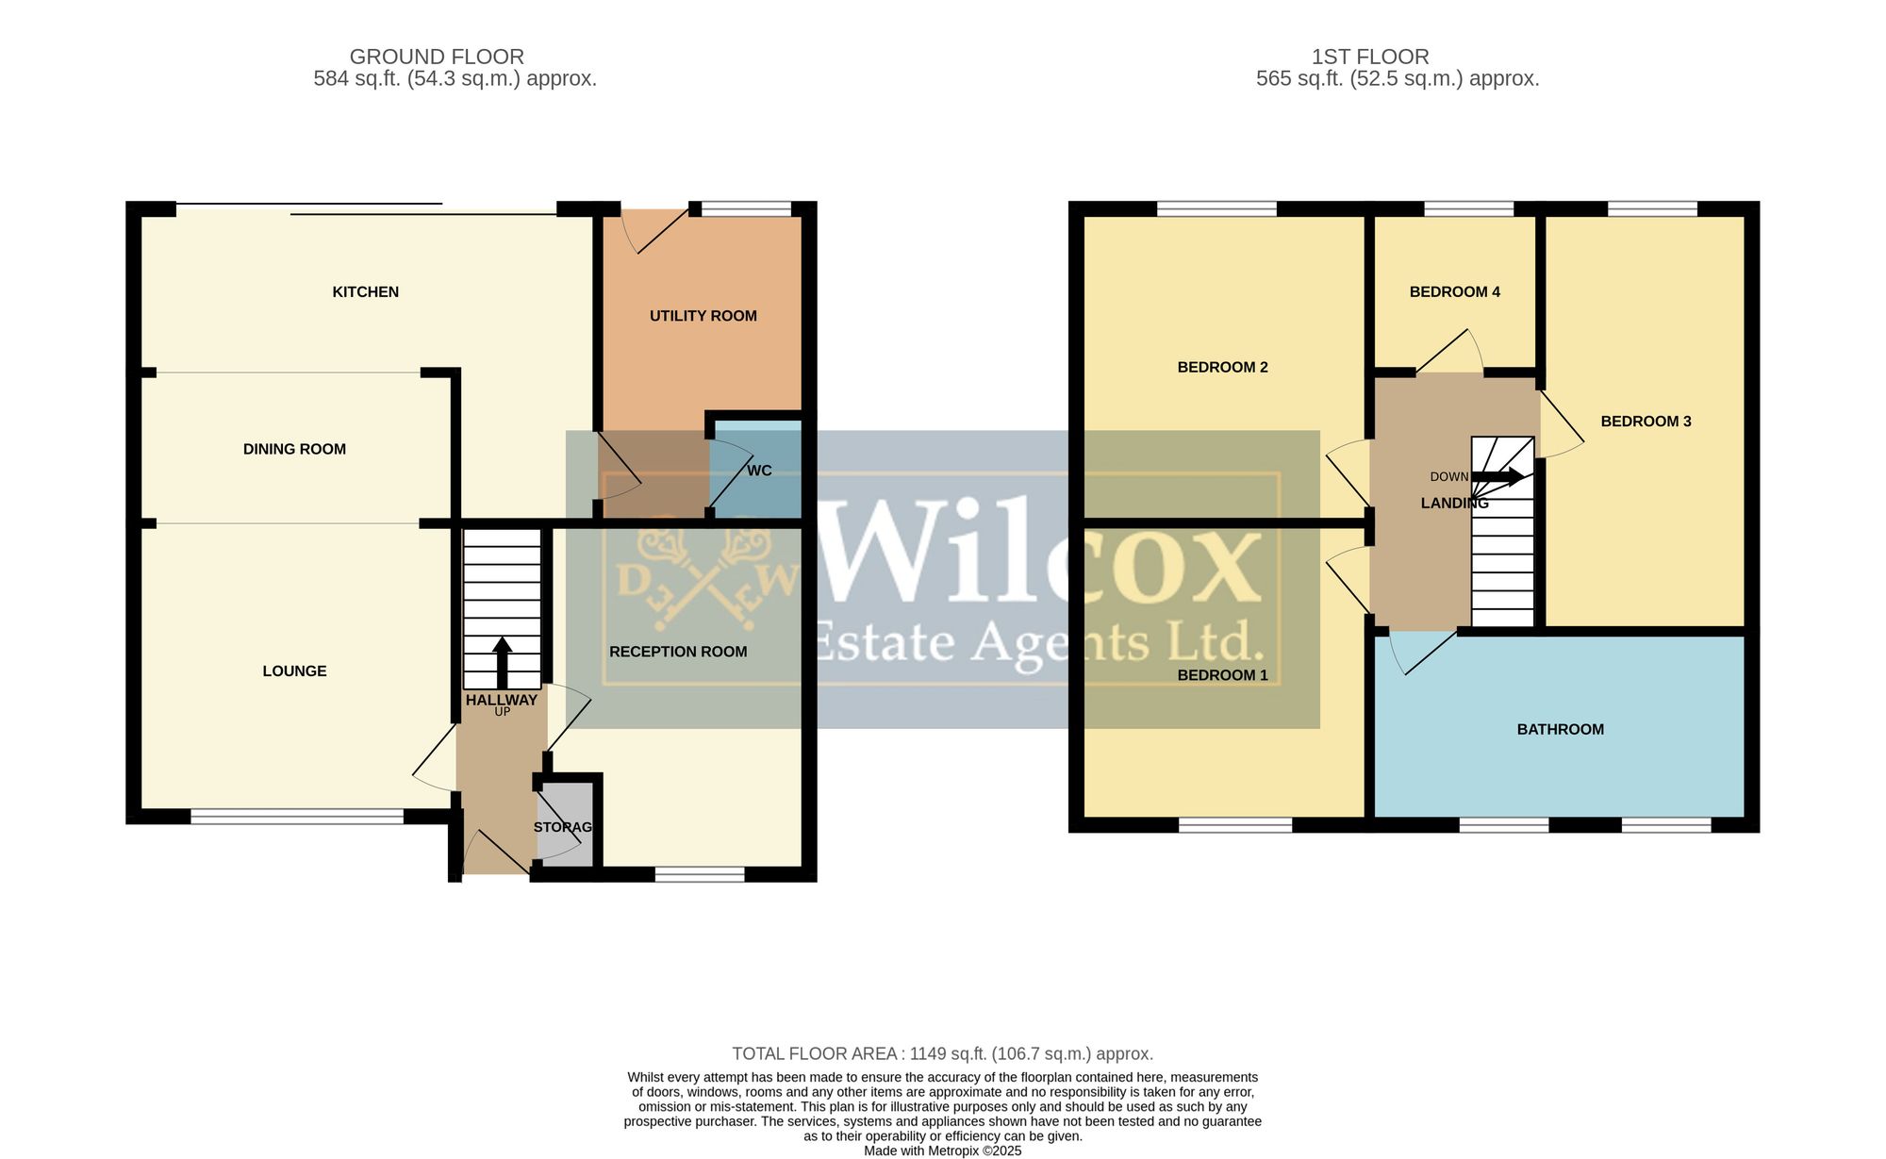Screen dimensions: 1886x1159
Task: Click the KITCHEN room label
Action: [365, 292]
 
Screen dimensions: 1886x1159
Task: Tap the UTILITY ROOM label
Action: [703, 316]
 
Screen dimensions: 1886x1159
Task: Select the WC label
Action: [759, 471]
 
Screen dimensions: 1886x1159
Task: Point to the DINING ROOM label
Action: [294, 449]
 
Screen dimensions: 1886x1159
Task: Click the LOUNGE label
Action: [294, 671]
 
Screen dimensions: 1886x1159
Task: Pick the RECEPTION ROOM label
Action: [678, 652]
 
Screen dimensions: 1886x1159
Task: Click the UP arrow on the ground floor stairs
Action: [502, 662]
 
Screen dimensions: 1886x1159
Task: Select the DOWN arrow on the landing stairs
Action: [1497, 476]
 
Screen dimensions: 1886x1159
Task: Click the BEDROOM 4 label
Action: [1455, 292]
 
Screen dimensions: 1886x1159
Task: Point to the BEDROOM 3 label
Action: [1646, 422]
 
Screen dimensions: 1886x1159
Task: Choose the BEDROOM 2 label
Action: [1223, 368]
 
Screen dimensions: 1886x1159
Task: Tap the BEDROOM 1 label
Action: [1223, 675]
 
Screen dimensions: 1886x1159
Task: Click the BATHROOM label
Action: [1561, 729]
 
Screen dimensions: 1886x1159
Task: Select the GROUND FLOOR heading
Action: [437, 57]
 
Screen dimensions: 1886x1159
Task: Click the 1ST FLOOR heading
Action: [1370, 57]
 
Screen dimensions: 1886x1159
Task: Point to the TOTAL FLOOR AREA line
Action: [943, 1053]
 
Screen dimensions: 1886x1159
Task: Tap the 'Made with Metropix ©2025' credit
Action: [943, 1151]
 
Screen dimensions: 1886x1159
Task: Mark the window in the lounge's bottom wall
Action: [297, 817]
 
